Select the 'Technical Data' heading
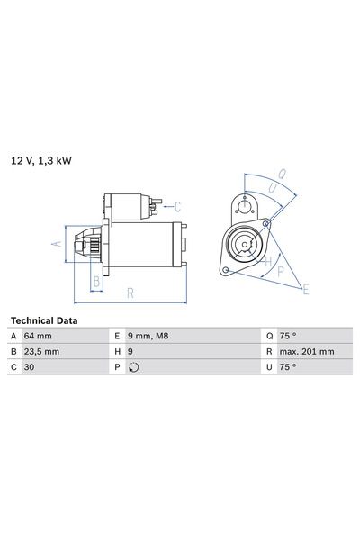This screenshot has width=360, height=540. coord(43,320)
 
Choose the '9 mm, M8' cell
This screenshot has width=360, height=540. coord(150,336)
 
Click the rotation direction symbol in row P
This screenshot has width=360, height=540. coord(134,367)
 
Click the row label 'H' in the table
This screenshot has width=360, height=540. coord(118,351)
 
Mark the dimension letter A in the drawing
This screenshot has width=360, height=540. coord(57,244)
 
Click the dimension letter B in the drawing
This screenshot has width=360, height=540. coord(96,281)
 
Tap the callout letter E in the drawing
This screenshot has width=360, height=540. coord(306,288)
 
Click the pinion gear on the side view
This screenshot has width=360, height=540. coord(89,244)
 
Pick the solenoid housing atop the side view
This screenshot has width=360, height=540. coord(130,205)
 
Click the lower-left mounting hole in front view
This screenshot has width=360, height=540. coord(226,267)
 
